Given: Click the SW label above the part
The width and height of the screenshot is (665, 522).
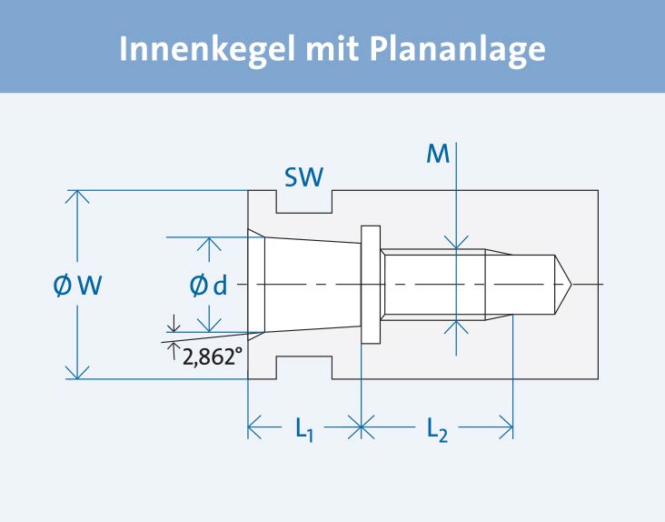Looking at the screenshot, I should point(304,176).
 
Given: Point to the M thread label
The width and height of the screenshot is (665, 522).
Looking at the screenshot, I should point(438,156).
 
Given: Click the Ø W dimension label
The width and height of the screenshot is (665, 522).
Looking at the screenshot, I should point(77,286).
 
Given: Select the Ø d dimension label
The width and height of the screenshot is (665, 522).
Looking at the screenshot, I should point(208,286).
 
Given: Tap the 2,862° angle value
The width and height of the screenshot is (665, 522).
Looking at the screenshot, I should point(213,357).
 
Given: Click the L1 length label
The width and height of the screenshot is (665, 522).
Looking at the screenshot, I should point(304,427).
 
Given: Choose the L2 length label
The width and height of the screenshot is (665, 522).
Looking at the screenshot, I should point(437,427).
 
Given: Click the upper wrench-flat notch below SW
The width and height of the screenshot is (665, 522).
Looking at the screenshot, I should point(304,202).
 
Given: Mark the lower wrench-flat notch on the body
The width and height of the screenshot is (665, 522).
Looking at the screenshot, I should point(304,368).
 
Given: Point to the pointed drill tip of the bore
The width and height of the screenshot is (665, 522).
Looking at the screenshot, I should point(564,286).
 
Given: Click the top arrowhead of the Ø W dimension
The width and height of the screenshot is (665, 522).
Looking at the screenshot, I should point(78,197).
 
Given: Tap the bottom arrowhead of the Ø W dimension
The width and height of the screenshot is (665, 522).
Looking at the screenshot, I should point(78,372).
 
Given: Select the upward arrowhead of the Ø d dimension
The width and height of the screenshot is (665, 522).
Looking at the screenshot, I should point(210,245).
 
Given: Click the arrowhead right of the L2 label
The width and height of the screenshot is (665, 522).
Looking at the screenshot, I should point(506,426).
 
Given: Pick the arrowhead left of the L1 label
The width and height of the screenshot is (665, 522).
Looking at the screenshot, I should point(255,426).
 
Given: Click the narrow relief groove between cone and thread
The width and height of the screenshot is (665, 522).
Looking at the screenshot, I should point(370,286).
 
